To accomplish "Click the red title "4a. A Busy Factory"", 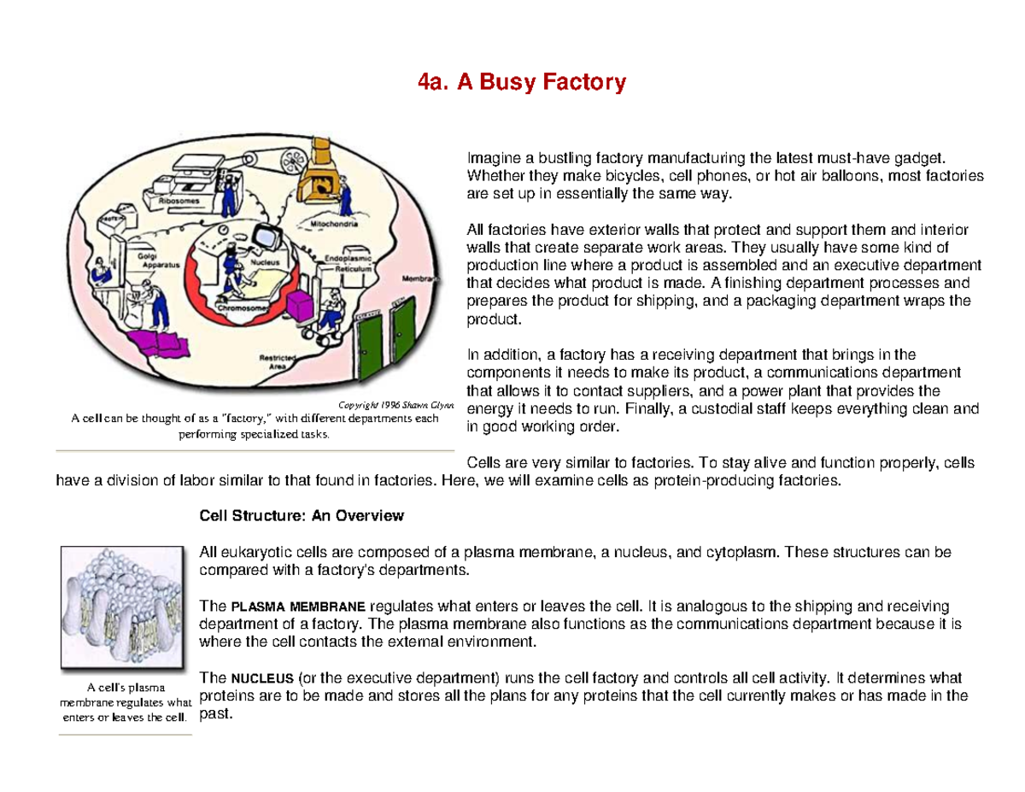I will [522, 83].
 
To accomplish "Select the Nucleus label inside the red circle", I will [261, 253].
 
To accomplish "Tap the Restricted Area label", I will [278, 361].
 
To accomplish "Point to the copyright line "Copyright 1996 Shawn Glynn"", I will [397, 405].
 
